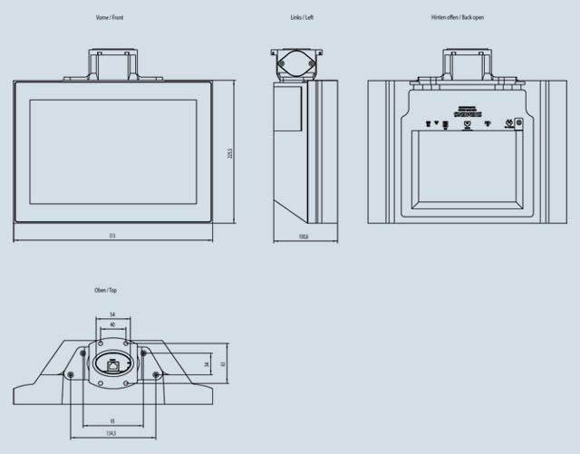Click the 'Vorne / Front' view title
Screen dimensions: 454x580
110,18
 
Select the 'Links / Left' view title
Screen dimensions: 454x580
302,18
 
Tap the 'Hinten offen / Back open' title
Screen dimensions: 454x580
459,18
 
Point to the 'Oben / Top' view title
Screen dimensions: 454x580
105,290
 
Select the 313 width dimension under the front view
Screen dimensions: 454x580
112,237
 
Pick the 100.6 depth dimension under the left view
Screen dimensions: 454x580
305,237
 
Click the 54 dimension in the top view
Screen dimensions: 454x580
112,313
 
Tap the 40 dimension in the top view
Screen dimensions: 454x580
112,324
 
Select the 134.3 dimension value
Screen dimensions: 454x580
112,433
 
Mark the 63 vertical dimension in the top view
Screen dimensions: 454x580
222,363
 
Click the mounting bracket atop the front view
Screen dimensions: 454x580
112,65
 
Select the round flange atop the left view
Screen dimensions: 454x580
296,65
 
